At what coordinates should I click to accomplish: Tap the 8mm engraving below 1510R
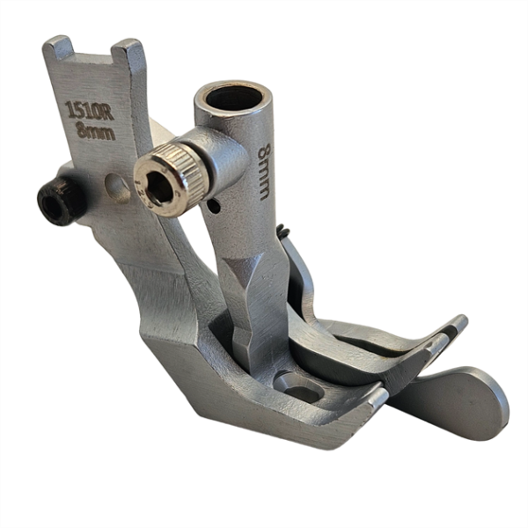pos(93,132)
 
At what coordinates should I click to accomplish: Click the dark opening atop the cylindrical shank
pos(233,97)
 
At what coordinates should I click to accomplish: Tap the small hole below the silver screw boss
pos(216,207)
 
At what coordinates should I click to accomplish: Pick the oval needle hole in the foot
pos(296,384)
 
